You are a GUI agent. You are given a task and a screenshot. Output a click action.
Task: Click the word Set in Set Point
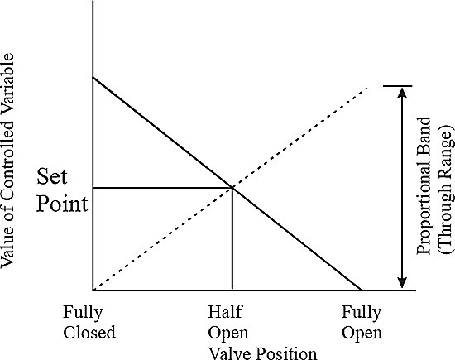52,176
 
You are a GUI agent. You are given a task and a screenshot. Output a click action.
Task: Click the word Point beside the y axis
62,204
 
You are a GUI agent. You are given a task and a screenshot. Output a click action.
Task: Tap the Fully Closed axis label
89,322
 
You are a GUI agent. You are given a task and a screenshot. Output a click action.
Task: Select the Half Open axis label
228,322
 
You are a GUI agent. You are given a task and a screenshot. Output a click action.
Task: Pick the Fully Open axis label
362,322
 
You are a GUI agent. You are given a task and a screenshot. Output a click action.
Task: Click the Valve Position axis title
263,353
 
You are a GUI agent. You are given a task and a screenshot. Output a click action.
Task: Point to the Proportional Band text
423,186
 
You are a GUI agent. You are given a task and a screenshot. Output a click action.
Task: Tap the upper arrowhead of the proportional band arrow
402,92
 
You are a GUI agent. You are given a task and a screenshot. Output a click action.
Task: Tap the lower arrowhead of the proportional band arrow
402,283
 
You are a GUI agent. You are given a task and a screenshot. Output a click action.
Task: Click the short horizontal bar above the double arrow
398,86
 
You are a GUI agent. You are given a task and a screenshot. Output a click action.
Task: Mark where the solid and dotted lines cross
232,188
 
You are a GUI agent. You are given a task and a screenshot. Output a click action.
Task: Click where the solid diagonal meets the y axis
93,77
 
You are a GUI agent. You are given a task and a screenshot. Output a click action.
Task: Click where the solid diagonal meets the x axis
362,290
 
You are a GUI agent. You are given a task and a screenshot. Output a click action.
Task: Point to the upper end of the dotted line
367,87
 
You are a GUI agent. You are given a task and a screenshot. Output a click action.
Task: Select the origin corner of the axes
93,290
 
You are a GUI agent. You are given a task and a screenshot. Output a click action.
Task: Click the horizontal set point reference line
163,188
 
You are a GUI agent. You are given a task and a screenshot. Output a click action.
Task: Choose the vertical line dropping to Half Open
232,239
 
